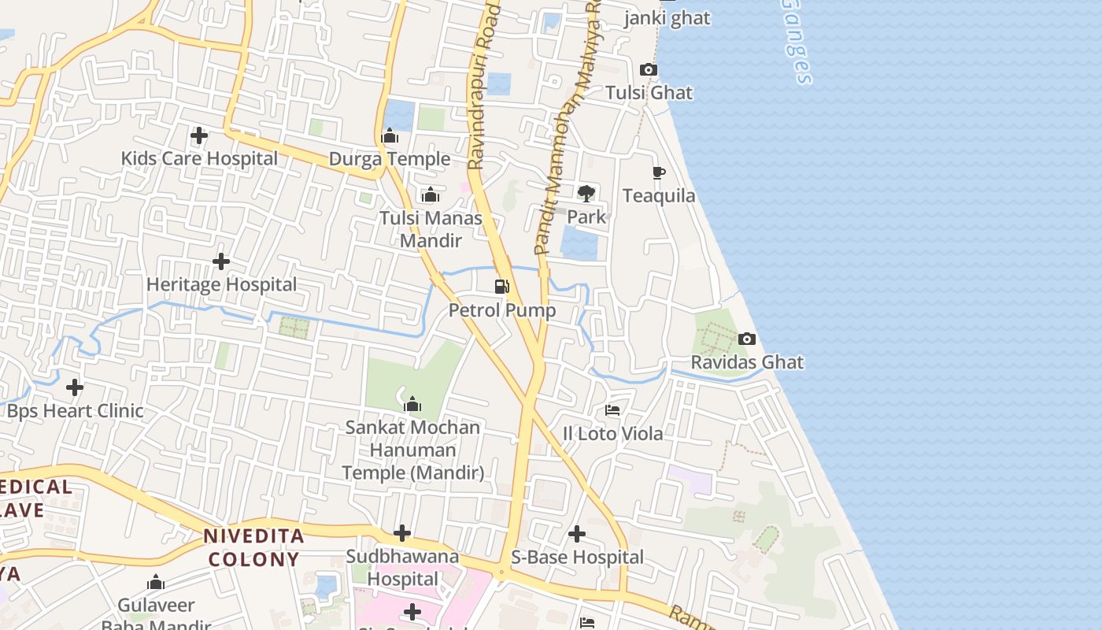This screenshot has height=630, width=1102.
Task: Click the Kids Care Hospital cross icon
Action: tap(199, 135)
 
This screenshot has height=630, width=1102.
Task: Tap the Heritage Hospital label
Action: tap(222, 284)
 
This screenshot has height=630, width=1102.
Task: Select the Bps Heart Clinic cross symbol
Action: tap(75, 387)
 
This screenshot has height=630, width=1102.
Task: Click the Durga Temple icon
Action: tap(390, 136)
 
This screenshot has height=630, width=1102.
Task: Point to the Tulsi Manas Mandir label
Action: tap(431, 228)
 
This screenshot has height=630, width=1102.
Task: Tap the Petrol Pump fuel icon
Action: tap(502, 287)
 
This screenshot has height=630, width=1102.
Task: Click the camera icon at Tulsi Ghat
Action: tap(649, 69)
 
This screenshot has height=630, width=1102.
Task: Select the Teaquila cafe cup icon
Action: tap(659, 172)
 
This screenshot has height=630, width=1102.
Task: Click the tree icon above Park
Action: tap(586, 193)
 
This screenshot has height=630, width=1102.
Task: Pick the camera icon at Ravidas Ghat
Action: tap(747, 339)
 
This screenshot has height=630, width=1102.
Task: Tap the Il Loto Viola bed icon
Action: tap(612, 410)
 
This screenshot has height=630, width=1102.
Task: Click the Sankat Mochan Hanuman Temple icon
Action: tap(412, 405)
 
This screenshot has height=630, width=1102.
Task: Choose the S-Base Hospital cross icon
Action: tap(577, 534)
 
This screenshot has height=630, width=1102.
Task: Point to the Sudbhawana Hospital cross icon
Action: tap(402, 534)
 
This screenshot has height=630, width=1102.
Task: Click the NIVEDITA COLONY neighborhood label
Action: tap(253, 548)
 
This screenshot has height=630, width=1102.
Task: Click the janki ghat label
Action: tap(667, 18)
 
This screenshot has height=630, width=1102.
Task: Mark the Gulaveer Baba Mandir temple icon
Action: tap(156, 583)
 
